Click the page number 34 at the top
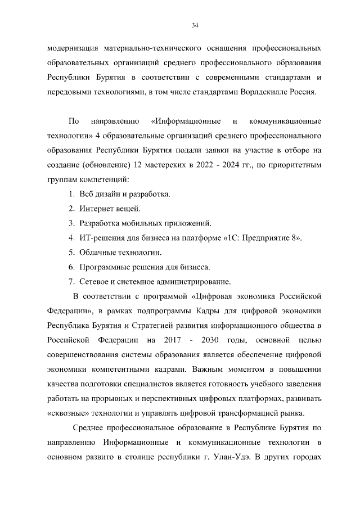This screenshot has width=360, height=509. (x=195, y=25)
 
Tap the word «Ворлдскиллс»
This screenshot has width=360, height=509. (x=263, y=92)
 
